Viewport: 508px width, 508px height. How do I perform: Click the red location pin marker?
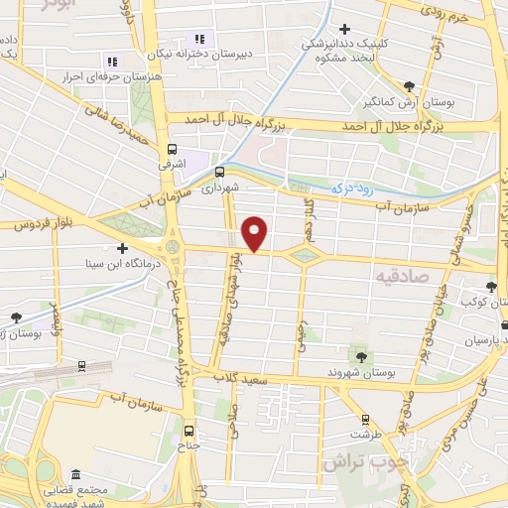click(x=255, y=234)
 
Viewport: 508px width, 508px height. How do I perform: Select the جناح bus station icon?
click(x=189, y=431)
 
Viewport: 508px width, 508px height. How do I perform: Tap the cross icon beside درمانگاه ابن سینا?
click(x=122, y=248)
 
